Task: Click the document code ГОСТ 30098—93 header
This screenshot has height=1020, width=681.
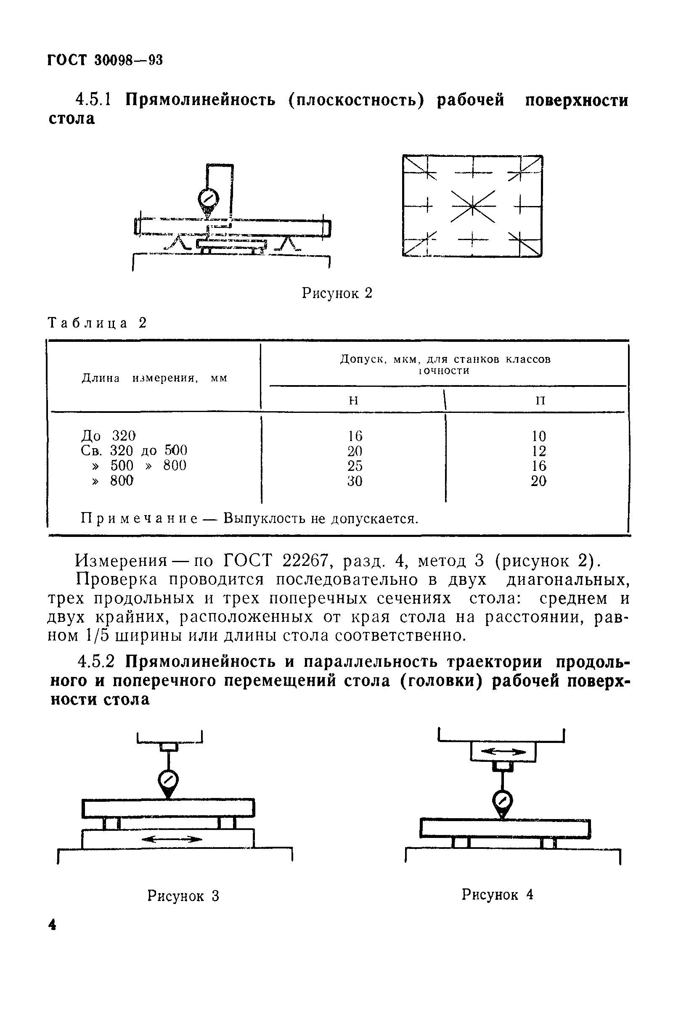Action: click(x=105, y=60)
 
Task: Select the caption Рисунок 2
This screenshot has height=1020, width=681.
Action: click(x=337, y=294)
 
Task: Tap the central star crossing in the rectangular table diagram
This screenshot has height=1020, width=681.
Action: click(x=472, y=206)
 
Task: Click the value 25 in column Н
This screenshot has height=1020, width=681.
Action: click(x=355, y=466)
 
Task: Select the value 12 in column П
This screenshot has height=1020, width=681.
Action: click(x=538, y=451)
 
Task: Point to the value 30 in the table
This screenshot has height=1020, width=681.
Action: click(x=355, y=481)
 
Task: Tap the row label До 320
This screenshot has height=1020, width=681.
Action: click(x=109, y=435)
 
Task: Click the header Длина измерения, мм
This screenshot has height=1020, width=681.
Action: click(x=154, y=378)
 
